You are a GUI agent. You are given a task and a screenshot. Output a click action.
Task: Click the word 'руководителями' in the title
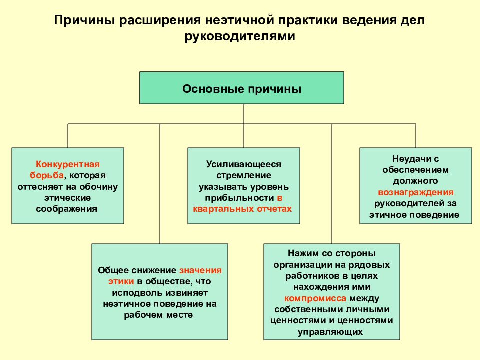(240, 36)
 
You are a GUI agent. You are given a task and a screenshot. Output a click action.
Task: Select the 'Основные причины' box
(242, 88)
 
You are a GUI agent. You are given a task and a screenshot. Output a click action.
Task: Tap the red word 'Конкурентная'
(68, 164)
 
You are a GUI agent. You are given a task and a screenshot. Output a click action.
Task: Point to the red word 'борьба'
(47, 175)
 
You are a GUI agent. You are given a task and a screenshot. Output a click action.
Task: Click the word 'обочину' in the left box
(98, 186)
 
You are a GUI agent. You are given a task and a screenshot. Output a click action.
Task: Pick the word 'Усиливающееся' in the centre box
(243, 164)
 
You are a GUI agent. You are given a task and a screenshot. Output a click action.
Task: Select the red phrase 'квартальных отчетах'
(242, 209)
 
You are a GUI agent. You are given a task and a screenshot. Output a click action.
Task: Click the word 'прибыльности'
(239, 198)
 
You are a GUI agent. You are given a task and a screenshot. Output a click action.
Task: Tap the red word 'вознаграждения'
(416, 192)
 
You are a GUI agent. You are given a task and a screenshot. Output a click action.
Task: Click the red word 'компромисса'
(315, 298)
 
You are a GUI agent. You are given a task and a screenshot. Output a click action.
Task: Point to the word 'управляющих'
(330, 332)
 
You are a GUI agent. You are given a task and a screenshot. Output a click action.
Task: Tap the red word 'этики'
(121, 281)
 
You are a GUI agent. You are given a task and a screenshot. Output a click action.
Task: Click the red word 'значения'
(200, 270)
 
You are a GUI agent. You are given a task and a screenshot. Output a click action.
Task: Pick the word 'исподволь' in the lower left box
(136, 293)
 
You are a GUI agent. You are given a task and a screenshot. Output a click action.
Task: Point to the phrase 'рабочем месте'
(158, 315)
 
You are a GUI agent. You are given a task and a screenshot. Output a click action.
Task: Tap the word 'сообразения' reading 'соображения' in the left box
(66, 209)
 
